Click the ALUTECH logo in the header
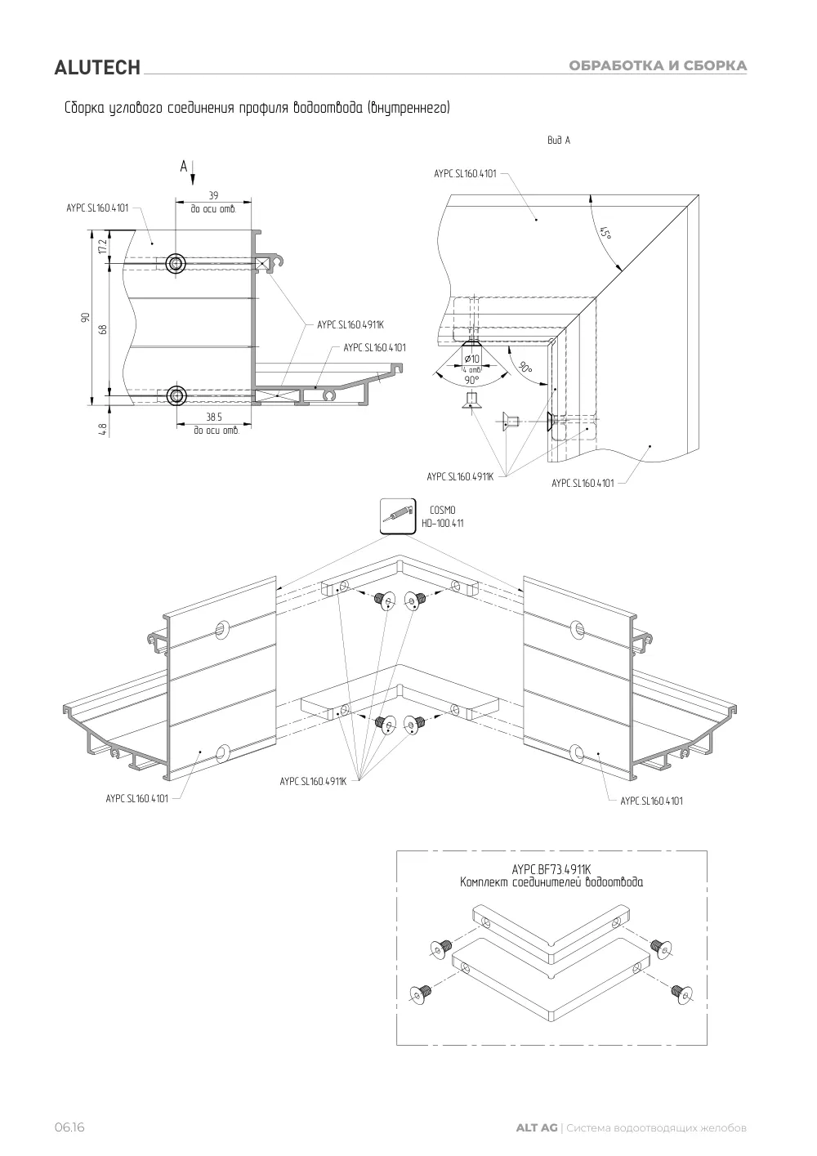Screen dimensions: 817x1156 (x=97, y=68)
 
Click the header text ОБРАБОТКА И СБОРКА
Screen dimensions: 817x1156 (x=658, y=65)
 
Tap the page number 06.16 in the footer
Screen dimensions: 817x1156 (x=69, y=1127)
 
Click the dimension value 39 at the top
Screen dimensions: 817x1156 (x=213, y=195)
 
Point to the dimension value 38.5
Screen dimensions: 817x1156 (x=214, y=417)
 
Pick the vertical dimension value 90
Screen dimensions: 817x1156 (x=86, y=317)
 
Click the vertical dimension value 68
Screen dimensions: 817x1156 (x=103, y=329)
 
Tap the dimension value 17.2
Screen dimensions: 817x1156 (x=103, y=247)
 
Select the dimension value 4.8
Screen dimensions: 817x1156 (x=103, y=430)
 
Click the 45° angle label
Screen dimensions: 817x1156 (x=606, y=233)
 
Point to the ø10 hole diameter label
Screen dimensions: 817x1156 (x=471, y=359)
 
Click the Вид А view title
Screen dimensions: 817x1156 (x=559, y=141)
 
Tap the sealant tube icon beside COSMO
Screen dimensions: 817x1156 (x=398, y=516)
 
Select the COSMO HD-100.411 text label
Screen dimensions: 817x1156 (x=442, y=516)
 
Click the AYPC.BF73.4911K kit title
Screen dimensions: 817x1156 (x=551, y=870)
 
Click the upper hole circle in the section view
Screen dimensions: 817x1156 (x=176, y=264)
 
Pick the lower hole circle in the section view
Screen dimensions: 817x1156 (x=176, y=396)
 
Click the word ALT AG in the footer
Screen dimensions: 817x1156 (x=537, y=1128)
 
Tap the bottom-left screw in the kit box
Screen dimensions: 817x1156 (x=421, y=994)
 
